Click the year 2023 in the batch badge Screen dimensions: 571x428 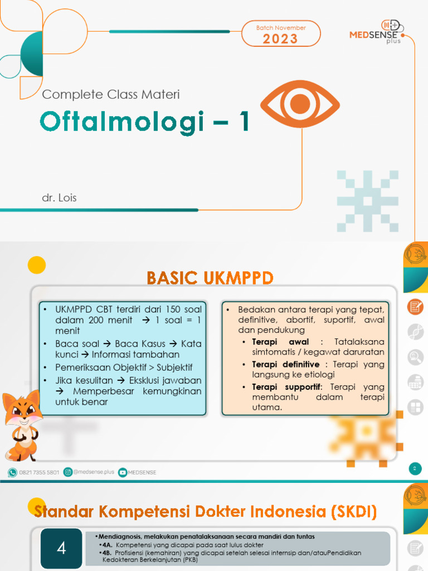click(x=280, y=38)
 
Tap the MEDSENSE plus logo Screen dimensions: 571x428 click(x=377, y=33)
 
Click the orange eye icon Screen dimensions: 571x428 click(x=300, y=104)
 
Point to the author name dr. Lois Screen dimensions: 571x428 click(x=59, y=198)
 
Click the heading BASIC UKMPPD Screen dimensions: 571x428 click(x=210, y=277)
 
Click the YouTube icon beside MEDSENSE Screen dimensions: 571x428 click(x=123, y=472)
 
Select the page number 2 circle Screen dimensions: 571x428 click(x=415, y=468)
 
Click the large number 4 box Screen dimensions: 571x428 click(x=61, y=548)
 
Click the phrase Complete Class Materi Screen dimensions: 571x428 click(x=111, y=94)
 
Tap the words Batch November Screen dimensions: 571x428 click(x=281, y=28)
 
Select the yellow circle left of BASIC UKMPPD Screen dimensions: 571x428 click(x=37, y=264)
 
